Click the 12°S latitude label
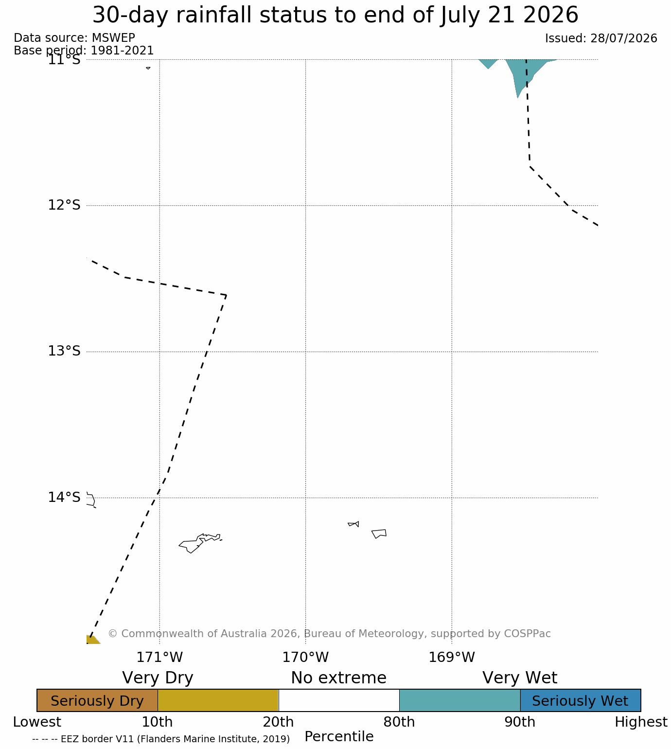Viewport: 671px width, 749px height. (64, 205)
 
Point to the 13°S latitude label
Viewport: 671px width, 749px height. (64, 351)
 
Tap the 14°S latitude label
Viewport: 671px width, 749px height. (64, 497)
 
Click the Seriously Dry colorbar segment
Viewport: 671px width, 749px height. (97, 700)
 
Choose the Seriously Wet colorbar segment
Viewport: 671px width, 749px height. (580, 700)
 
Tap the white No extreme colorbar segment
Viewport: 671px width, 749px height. (338, 700)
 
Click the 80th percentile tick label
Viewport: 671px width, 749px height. (399, 722)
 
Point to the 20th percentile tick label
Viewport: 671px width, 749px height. (278, 722)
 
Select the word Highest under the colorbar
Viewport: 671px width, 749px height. (641, 722)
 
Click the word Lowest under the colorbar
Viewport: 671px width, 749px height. (37, 722)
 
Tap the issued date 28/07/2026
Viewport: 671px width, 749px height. (623, 38)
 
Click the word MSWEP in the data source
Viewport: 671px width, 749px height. (113, 38)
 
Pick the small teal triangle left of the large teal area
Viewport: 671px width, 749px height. (488, 63)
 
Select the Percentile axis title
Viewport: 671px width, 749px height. (338, 736)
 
